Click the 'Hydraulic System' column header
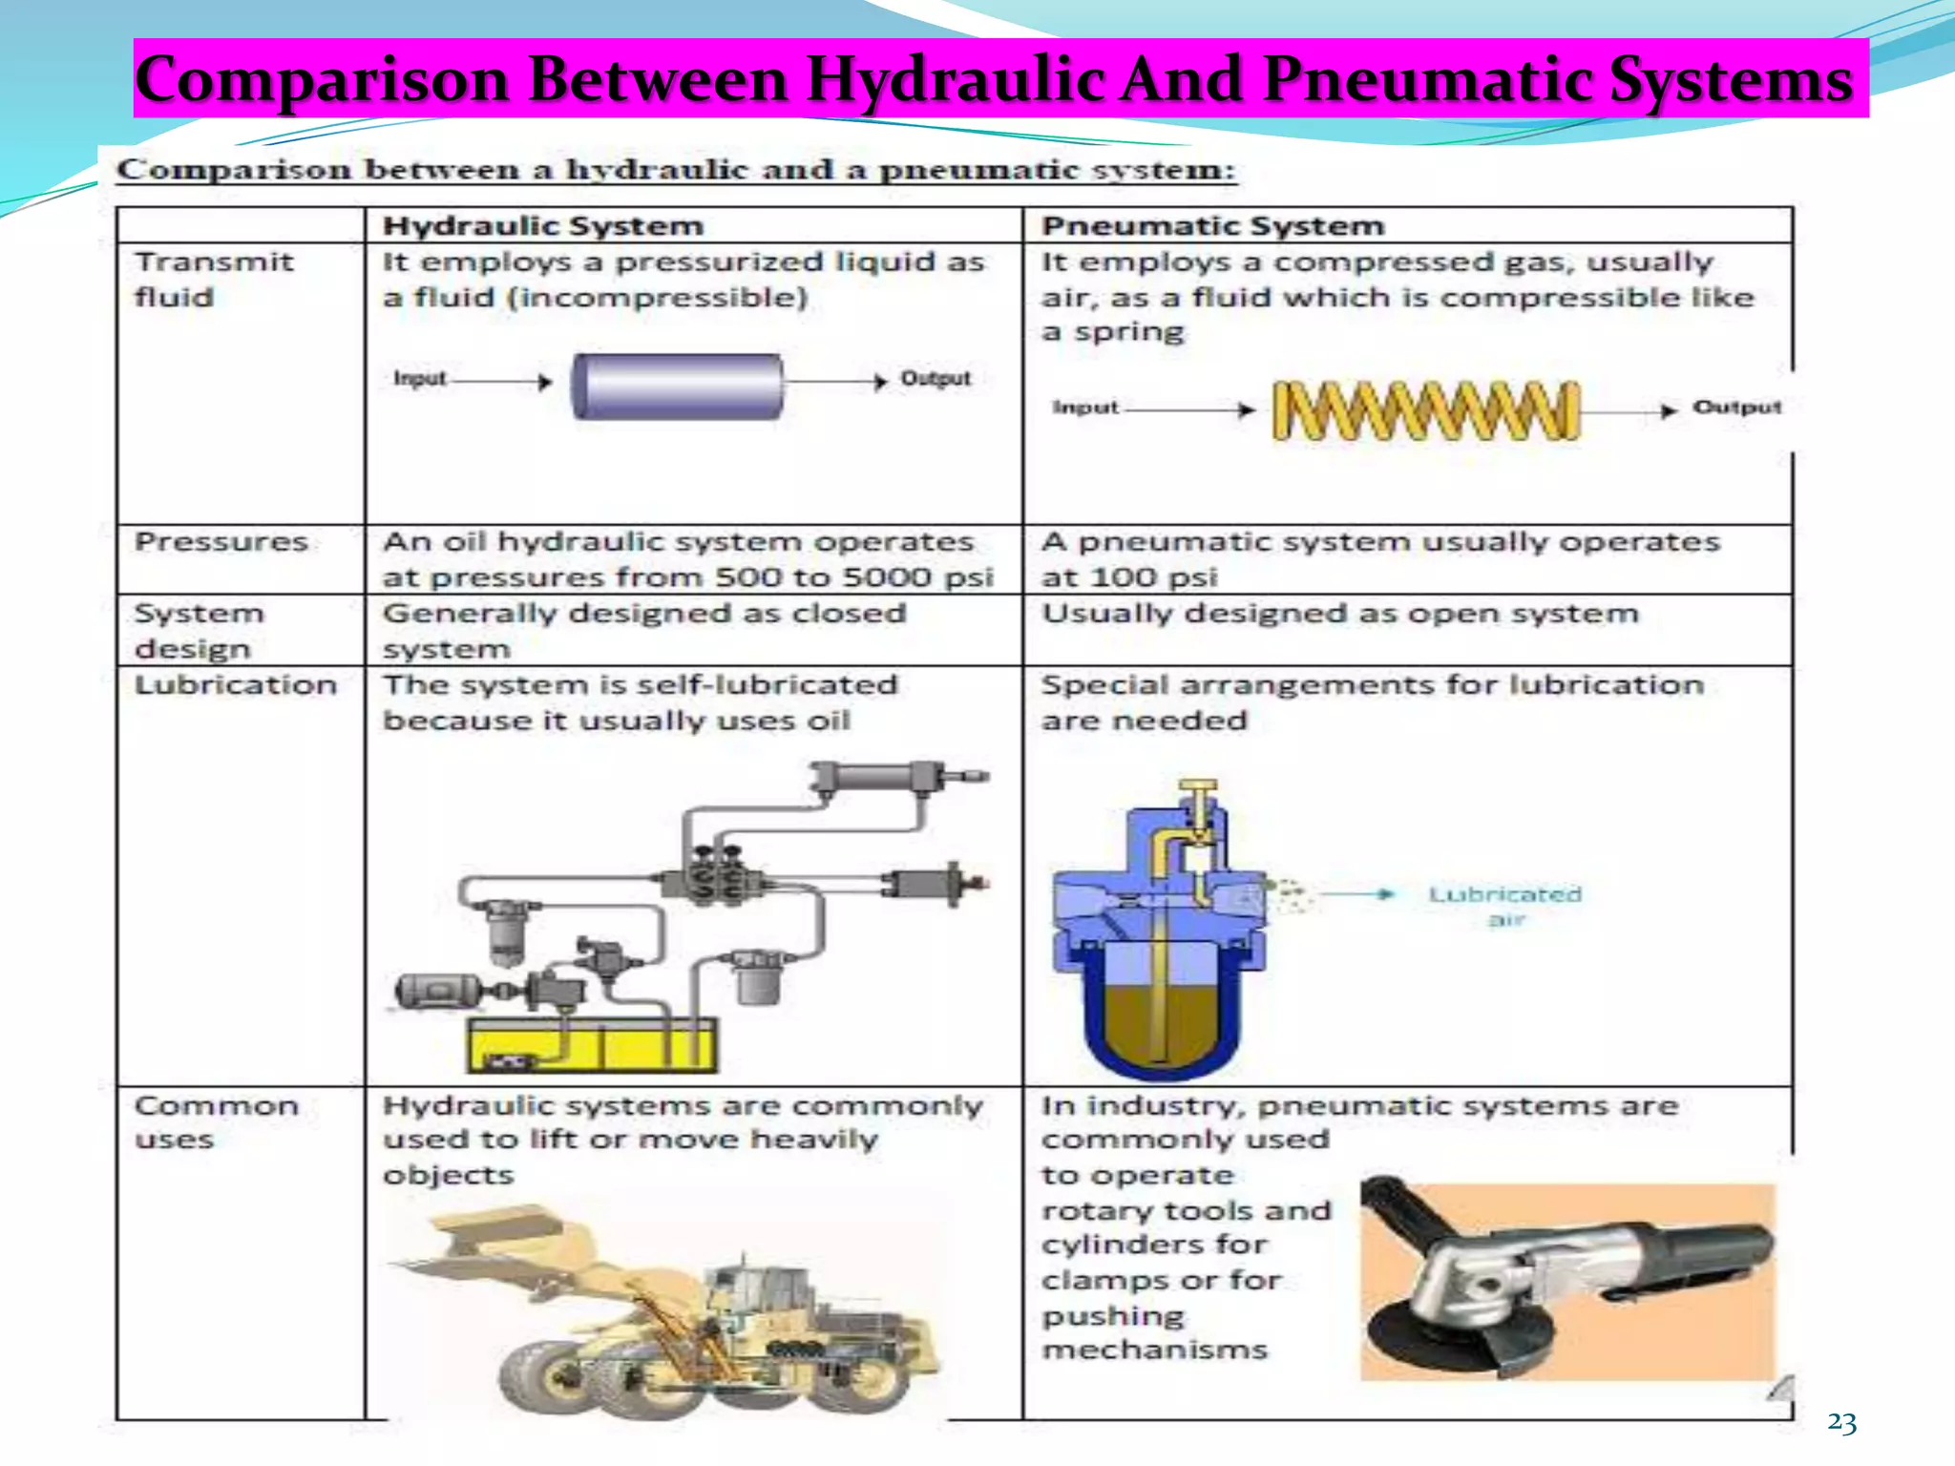coord(542,226)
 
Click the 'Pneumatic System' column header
coord(1211,226)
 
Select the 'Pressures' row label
coord(221,542)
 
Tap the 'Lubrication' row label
coord(235,685)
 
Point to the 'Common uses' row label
coord(216,1122)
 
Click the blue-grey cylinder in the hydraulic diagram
coord(677,387)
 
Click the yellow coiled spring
coord(1426,410)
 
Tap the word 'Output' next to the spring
coord(1736,408)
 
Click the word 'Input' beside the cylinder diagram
coord(419,379)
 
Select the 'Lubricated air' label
coord(1504,906)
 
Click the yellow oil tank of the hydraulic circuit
coord(591,1045)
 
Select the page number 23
coord(1841,1423)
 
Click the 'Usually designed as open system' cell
coord(1339,614)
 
